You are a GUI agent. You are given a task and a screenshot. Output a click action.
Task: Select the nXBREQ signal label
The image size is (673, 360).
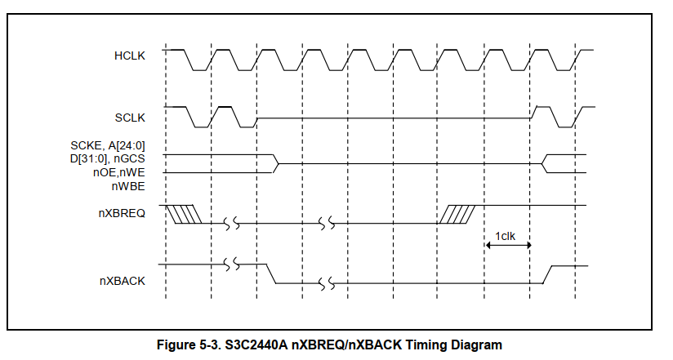click(123, 215)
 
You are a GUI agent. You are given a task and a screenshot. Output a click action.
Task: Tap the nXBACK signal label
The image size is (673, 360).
click(123, 281)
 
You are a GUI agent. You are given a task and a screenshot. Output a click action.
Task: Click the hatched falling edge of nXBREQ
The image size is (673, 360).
click(183, 214)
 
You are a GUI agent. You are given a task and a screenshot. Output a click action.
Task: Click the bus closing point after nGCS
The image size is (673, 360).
click(277, 163)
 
